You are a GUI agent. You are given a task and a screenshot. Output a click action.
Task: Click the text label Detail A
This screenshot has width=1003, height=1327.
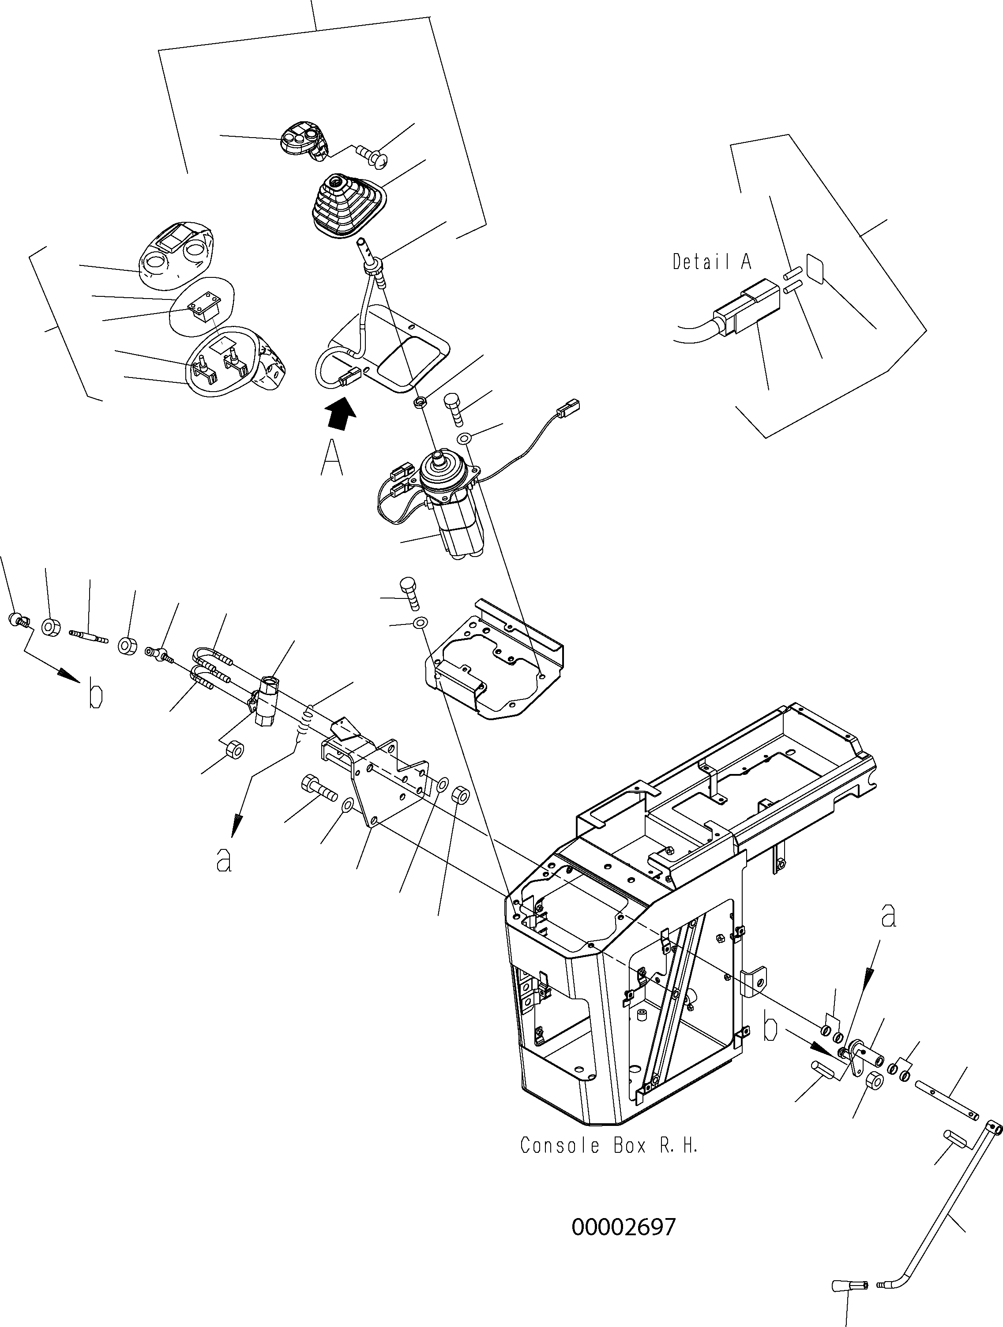(x=711, y=262)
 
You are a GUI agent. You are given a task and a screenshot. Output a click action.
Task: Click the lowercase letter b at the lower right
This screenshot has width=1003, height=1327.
(x=771, y=1028)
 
